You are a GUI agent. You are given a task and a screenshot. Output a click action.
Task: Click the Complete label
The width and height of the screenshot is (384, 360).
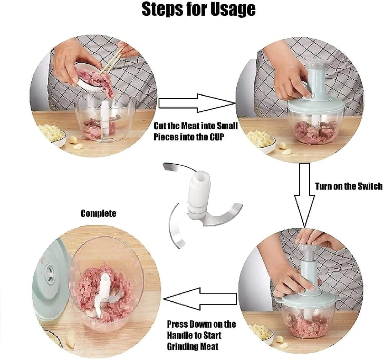click(98, 213)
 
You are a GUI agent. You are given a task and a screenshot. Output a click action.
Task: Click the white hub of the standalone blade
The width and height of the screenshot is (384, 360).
click(199, 192)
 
